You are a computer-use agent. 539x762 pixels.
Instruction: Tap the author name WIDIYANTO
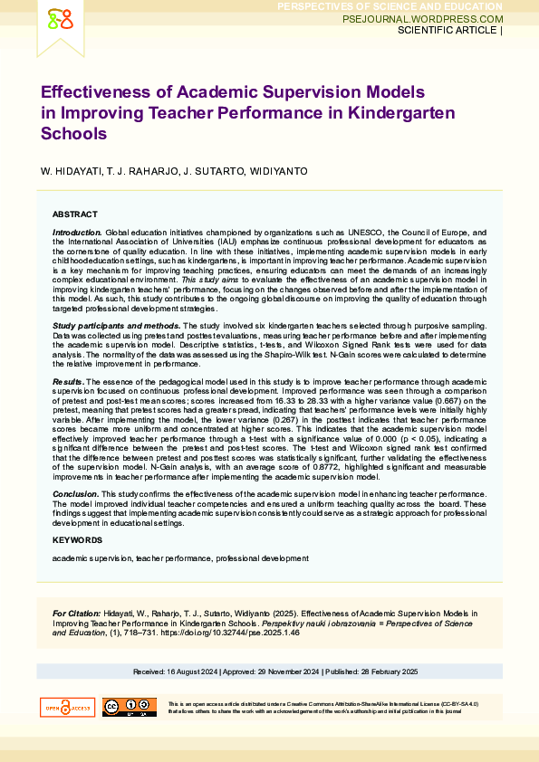(x=280, y=171)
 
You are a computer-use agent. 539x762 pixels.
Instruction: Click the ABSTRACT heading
(x=74, y=214)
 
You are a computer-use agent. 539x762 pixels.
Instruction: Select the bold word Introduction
(x=77, y=233)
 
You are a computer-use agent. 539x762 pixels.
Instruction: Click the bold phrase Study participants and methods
(x=116, y=325)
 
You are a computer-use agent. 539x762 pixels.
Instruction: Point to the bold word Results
(x=69, y=383)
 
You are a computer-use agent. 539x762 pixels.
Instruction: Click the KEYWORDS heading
(x=77, y=539)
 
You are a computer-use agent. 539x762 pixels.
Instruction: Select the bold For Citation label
(x=76, y=614)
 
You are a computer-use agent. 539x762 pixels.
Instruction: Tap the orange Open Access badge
(x=67, y=708)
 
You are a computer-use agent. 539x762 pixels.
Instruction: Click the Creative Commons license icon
(x=129, y=708)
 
